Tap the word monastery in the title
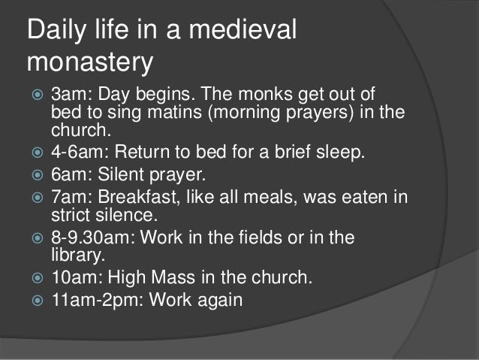point(89,63)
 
